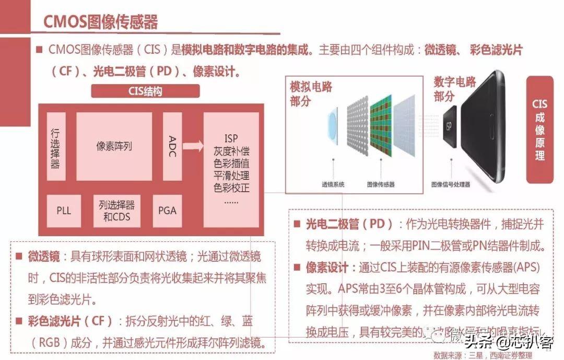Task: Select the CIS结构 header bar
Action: click(x=145, y=91)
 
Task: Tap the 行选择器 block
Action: click(x=56, y=146)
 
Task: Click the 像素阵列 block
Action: click(x=114, y=146)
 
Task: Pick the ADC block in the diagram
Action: click(x=172, y=146)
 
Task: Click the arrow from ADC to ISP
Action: click(x=193, y=146)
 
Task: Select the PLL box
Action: click(x=64, y=211)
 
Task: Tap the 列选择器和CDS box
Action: click(x=116, y=211)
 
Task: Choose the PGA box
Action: click(x=167, y=211)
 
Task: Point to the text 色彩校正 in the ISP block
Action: click(x=231, y=188)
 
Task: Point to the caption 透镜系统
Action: click(x=333, y=184)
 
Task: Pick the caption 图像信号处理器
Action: click(x=451, y=184)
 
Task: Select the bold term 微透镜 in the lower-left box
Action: click(x=44, y=257)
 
